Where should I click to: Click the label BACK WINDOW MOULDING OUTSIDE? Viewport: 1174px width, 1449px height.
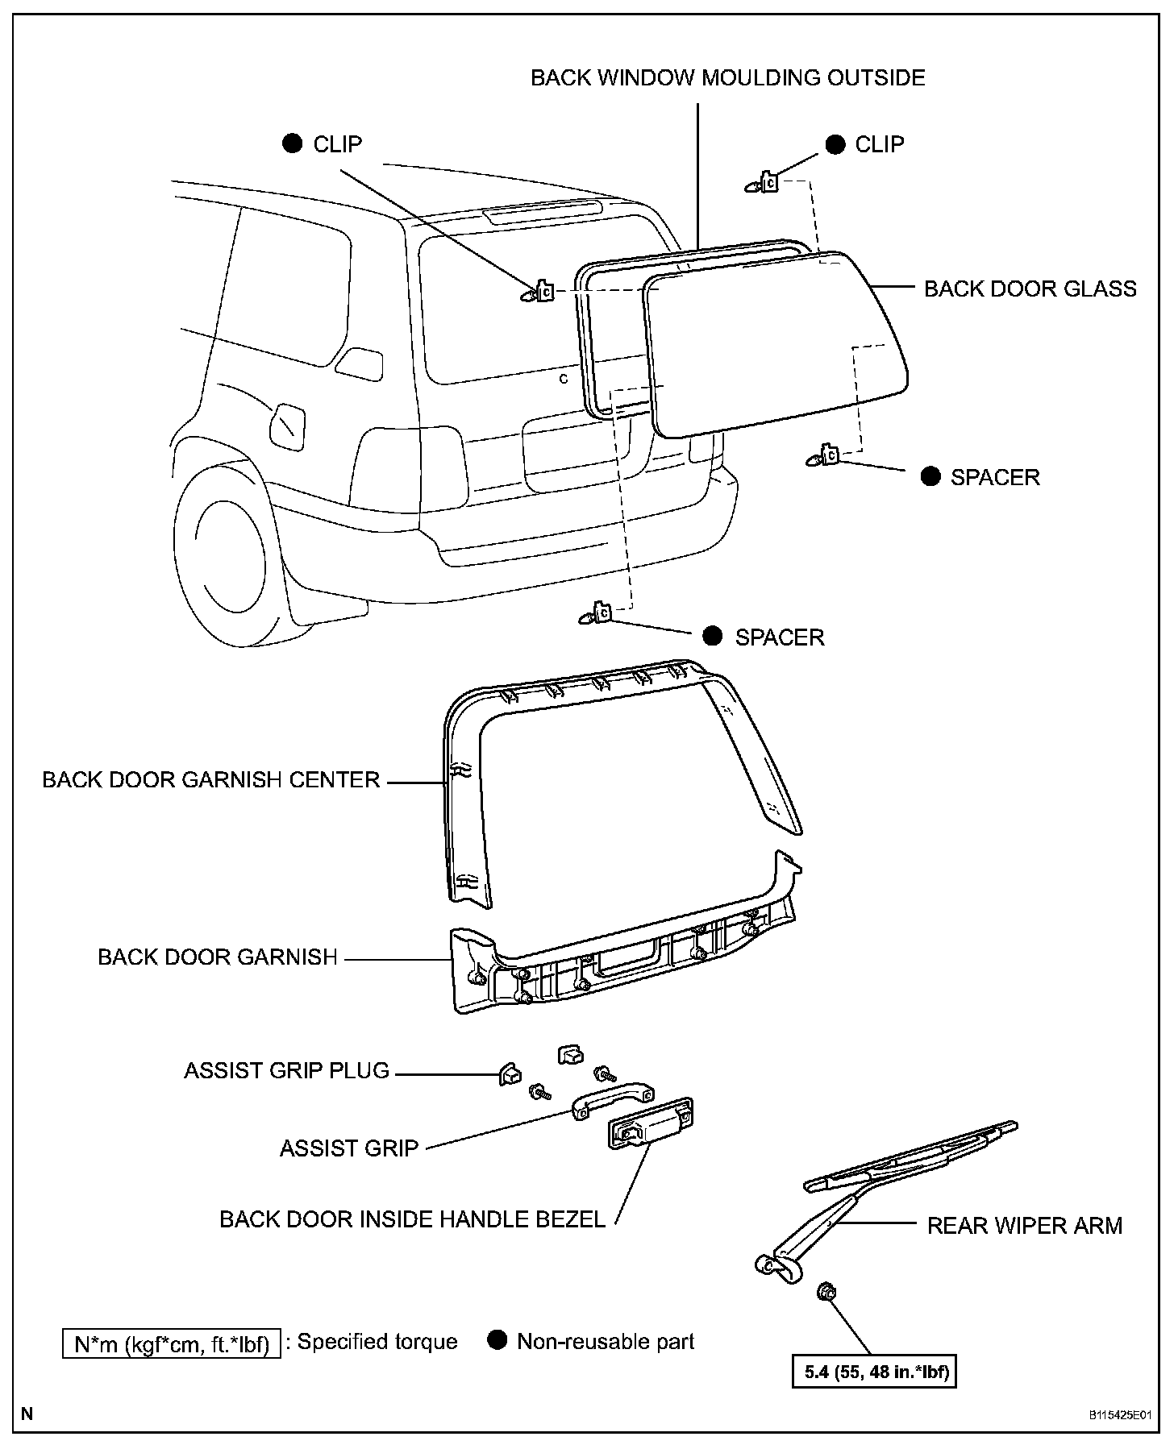click(x=727, y=78)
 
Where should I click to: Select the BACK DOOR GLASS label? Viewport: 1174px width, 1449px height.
click(x=1030, y=289)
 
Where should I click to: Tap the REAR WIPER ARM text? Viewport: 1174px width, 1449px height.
click(x=1024, y=1226)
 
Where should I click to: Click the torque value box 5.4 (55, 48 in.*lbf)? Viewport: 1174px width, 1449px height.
click(x=875, y=1372)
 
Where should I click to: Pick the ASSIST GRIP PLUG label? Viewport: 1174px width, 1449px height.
click(x=287, y=1071)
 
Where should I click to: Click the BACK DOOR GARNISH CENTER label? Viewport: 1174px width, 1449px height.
click(x=211, y=780)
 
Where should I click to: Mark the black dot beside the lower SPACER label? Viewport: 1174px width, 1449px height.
click(x=712, y=636)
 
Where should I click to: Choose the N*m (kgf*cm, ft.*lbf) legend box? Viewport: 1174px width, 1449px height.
click(x=172, y=1344)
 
